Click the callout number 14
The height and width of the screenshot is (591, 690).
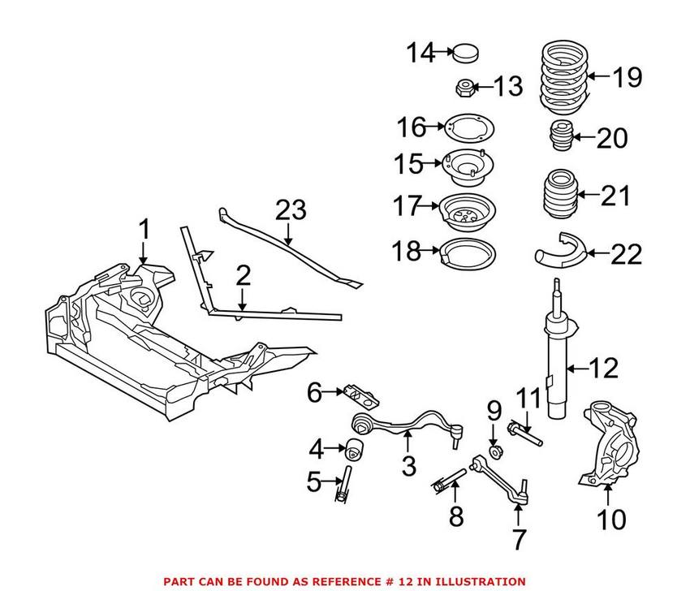421,54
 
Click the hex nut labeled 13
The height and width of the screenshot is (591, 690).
464,87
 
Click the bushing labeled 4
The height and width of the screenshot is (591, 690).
354,446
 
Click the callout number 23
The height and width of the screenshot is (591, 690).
291,210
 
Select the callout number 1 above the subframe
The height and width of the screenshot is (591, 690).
144,231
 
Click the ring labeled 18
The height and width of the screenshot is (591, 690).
467,252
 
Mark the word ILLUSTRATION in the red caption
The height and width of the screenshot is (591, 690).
478,581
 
